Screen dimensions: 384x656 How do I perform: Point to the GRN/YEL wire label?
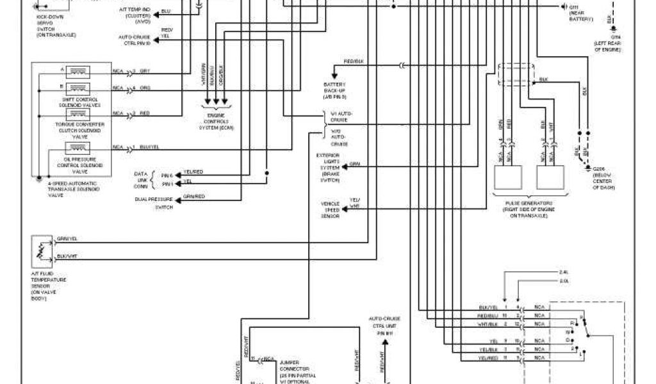tap(67, 238)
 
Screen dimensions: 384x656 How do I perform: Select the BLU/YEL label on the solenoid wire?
tap(149, 147)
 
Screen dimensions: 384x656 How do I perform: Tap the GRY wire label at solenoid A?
tap(145, 70)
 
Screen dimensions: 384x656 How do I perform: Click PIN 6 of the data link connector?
tap(167, 175)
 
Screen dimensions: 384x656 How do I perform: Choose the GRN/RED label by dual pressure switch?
tap(194, 196)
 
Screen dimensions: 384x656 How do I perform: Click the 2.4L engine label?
tap(563, 271)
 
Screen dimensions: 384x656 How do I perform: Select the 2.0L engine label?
tap(563, 280)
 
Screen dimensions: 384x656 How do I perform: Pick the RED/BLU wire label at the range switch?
tap(488, 316)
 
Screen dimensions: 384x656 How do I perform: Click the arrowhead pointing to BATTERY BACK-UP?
tap(334, 76)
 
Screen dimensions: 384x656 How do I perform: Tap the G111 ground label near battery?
tap(576, 7)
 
